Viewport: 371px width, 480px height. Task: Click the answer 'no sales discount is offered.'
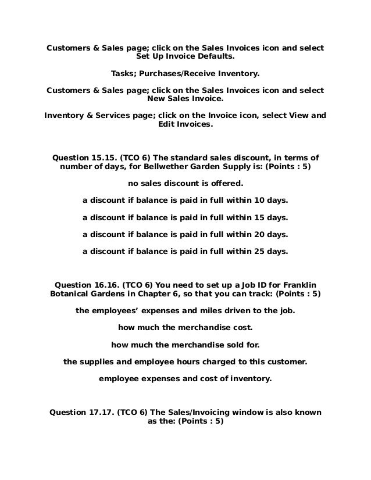[185, 185]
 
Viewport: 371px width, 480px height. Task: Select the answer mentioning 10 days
[185, 201]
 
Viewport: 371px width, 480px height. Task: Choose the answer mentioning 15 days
[185, 218]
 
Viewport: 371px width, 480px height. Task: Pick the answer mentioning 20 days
[185, 235]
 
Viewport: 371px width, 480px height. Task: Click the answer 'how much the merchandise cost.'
[185, 327]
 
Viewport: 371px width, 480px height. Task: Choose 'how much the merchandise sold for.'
[185, 344]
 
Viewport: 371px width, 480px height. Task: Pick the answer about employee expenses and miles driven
[185, 310]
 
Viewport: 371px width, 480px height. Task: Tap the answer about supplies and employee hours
[185, 361]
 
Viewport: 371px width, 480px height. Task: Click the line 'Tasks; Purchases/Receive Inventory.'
[185, 75]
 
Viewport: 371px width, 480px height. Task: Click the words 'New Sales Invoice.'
[185, 99]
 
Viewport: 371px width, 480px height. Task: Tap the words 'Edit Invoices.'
[185, 124]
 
